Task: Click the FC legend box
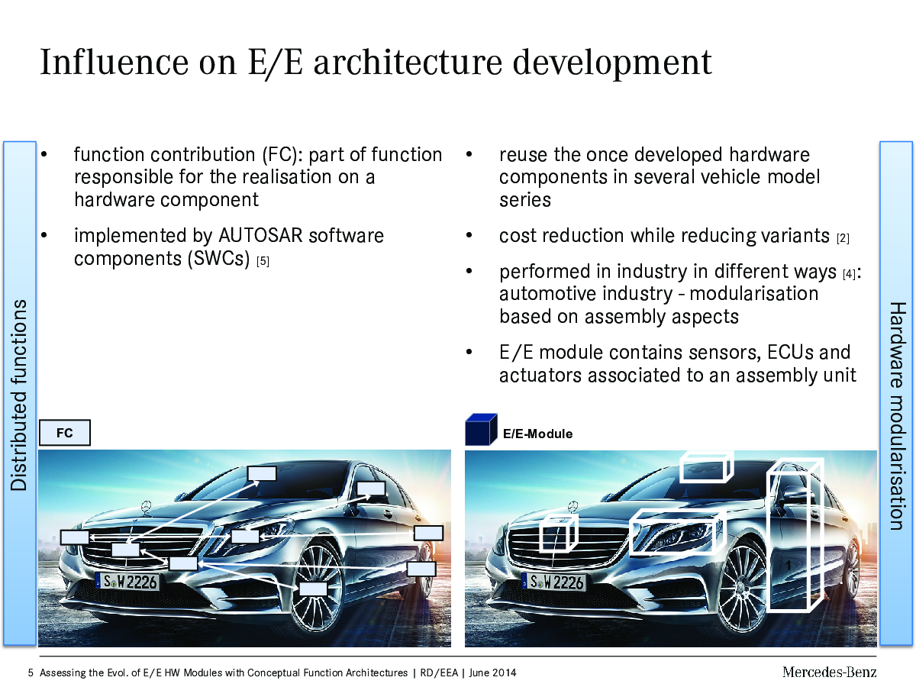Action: tap(65, 433)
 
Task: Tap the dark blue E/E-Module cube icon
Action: tap(481, 429)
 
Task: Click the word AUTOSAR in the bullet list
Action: tap(260, 235)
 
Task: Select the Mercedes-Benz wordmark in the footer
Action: tap(829, 672)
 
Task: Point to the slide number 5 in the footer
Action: tap(31, 672)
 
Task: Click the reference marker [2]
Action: tap(843, 238)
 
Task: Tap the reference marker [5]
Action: tap(263, 261)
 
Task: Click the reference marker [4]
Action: tap(849, 274)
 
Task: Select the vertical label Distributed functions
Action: tap(19, 395)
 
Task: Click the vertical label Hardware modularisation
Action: tap(897, 415)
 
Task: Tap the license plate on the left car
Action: tap(127, 581)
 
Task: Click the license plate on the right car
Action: tap(553, 582)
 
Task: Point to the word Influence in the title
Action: tap(114, 62)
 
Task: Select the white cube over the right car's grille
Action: tap(559, 534)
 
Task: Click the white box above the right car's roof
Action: tap(706, 466)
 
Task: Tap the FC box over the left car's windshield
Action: tap(262, 473)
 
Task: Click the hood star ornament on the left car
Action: tap(146, 508)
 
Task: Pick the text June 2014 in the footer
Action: tap(492, 672)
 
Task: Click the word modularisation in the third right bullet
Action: tap(753, 294)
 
